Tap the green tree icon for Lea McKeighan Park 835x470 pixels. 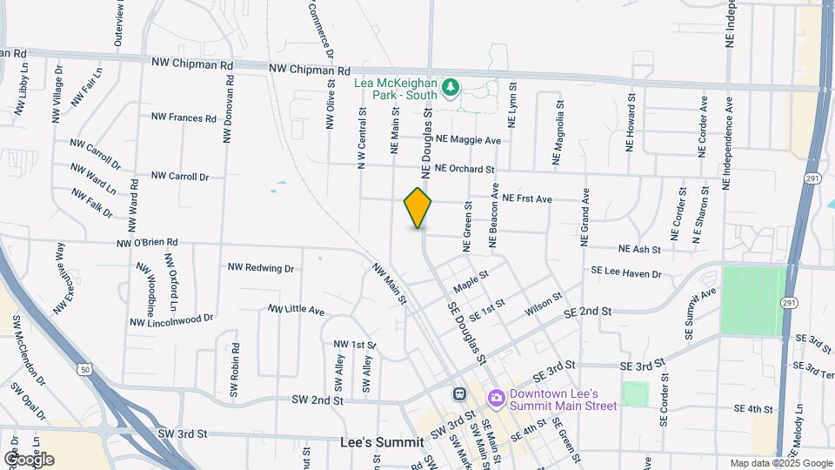pyautogui.click(x=450, y=87)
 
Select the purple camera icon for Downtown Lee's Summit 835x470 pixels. pyautogui.click(x=497, y=399)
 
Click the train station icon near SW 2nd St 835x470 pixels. pyautogui.click(x=458, y=393)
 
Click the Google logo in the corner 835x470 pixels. pyautogui.click(x=28, y=459)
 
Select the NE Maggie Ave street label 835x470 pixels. pyautogui.click(x=469, y=140)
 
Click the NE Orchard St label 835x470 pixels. pyautogui.click(x=464, y=169)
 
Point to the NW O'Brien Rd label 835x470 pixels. pyautogui.click(x=146, y=242)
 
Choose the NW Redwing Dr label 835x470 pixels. pyautogui.click(x=261, y=268)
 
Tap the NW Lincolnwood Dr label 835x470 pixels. pyautogui.click(x=171, y=320)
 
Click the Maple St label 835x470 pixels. pyautogui.click(x=471, y=280)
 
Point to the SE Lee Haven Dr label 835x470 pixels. pyautogui.click(x=625, y=274)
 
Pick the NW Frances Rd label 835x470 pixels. pyautogui.click(x=184, y=117)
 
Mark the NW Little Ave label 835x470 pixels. pyautogui.click(x=296, y=310)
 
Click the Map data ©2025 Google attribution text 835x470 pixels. pyautogui.click(x=781, y=463)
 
